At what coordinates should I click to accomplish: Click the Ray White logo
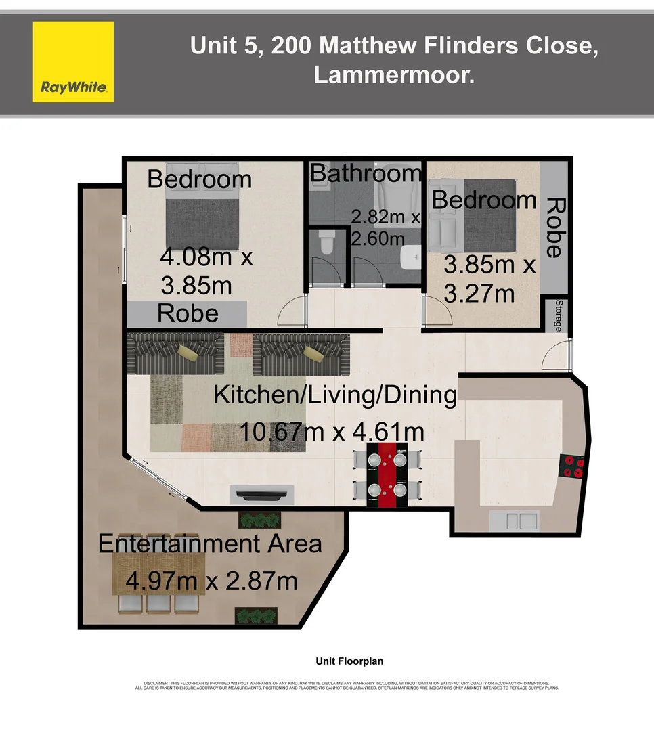pyautogui.click(x=73, y=62)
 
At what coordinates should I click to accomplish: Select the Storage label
pyautogui.click(x=559, y=315)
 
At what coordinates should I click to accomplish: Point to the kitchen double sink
pyautogui.click(x=514, y=520)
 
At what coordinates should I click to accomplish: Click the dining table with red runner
pyautogui.click(x=386, y=475)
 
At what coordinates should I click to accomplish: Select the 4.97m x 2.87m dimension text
pyautogui.click(x=212, y=580)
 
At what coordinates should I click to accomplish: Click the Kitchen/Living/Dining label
pyautogui.click(x=335, y=395)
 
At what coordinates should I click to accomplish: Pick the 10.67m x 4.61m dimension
pyautogui.click(x=332, y=431)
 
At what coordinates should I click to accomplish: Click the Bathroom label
pyautogui.click(x=366, y=174)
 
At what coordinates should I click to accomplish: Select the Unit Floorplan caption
pyautogui.click(x=349, y=661)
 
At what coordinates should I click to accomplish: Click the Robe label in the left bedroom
pyautogui.click(x=188, y=313)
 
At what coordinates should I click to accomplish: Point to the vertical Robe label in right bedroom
pyautogui.click(x=554, y=227)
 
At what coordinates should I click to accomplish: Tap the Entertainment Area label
pyautogui.click(x=210, y=544)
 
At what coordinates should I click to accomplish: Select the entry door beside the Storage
pyautogui.click(x=560, y=355)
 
